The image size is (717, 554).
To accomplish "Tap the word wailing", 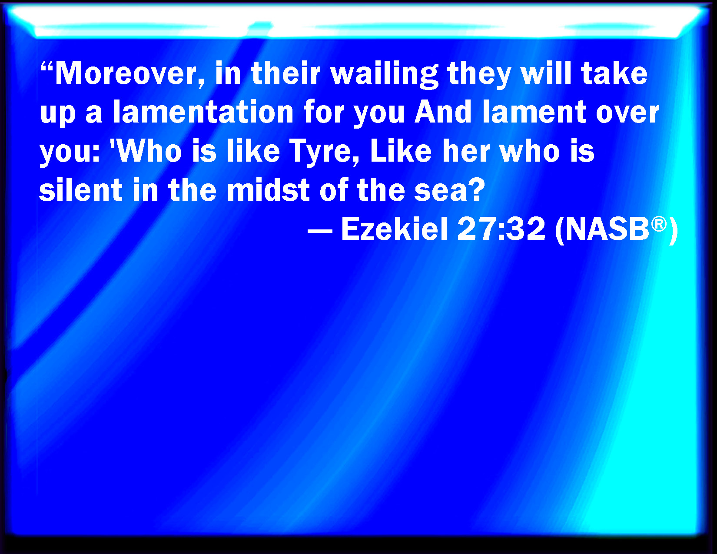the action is pos(385,75).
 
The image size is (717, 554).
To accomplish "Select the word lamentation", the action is pos(203,112).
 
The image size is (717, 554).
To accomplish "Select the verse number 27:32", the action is pos(501,229).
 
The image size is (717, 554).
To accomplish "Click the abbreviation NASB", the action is pos(607,229).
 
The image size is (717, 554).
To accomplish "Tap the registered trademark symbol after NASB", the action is pos(659,224).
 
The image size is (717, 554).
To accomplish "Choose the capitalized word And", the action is pos(443,112).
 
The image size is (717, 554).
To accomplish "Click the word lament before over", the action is pos(534,112).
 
